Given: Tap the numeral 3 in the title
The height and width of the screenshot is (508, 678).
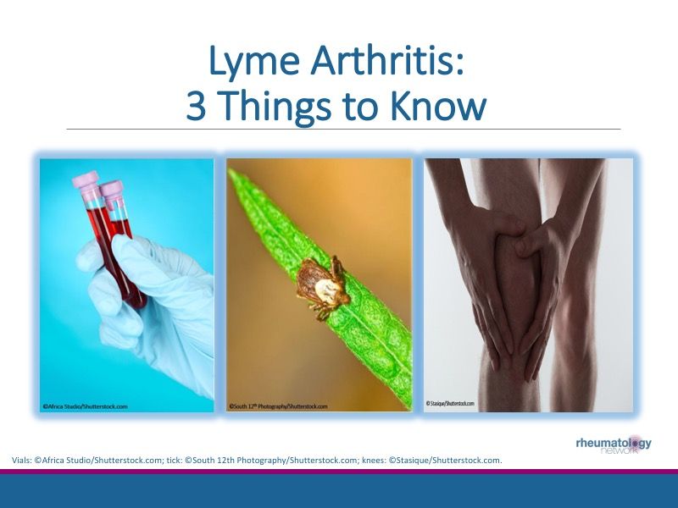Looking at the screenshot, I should click(x=197, y=107).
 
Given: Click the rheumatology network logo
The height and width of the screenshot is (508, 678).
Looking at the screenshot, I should click(x=614, y=444).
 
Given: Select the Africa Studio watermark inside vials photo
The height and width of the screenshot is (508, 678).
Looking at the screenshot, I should click(x=86, y=406).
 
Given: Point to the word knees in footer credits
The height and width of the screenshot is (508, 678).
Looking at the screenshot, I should click(x=373, y=460).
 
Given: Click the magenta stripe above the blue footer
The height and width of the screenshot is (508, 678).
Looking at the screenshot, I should click(x=339, y=472).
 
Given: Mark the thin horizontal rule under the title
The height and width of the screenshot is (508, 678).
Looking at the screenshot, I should click(x=339, y=130).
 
